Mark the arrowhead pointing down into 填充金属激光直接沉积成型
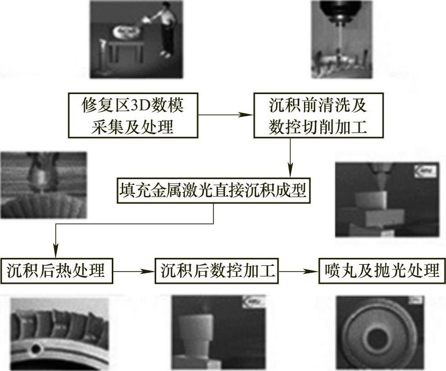click(x=290, y=172)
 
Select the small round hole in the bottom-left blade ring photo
click(x=37, y=349)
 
